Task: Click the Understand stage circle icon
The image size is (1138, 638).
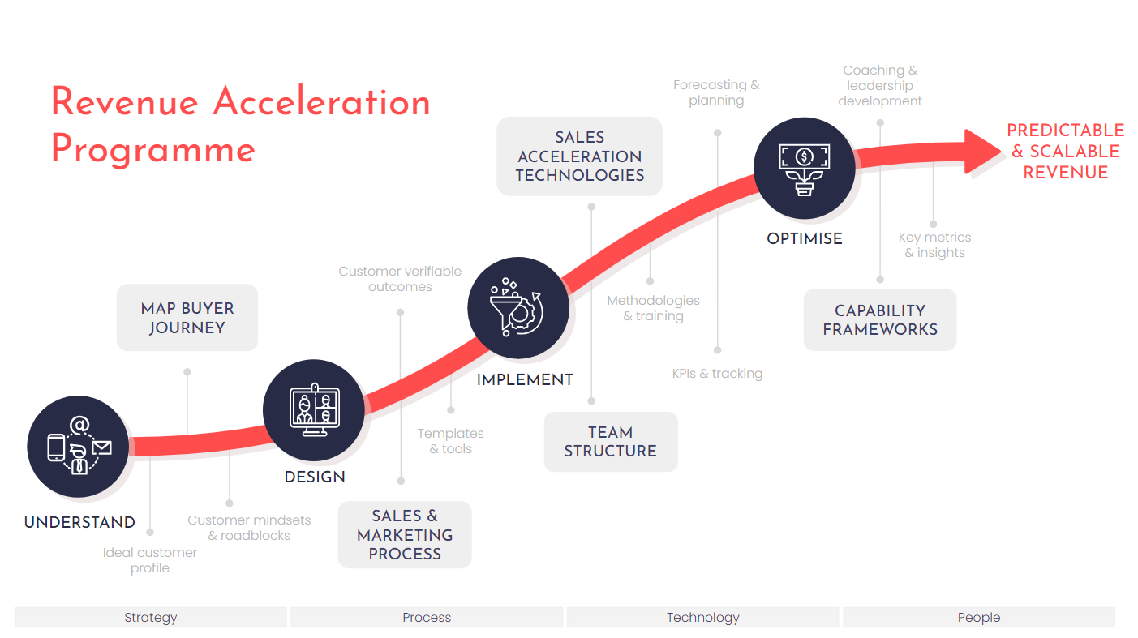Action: point(78,446)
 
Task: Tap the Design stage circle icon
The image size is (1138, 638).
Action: point(314,410)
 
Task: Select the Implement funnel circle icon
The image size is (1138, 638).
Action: point(518,307)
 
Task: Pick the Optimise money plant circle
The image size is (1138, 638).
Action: point(804,168)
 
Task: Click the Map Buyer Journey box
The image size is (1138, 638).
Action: point(187,317)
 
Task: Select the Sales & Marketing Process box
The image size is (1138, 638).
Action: point(405,534)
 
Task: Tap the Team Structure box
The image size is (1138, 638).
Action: point(611,442)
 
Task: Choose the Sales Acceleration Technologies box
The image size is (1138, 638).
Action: point(580,156)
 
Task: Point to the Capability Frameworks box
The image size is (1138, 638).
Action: point(880,319)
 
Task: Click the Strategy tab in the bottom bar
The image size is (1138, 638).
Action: point(151,617)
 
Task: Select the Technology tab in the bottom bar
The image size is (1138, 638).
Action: point(703,617)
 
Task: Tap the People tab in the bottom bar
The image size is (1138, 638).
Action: point(979,617)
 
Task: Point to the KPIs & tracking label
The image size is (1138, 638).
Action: point(717,374)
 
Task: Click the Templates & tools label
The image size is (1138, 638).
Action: point(451,441)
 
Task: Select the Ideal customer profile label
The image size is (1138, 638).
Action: point(150,560)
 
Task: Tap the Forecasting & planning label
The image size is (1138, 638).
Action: point(716,92)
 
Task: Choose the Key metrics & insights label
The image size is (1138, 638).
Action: point(934,245)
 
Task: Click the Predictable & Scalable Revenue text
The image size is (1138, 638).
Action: point(1065,152)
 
